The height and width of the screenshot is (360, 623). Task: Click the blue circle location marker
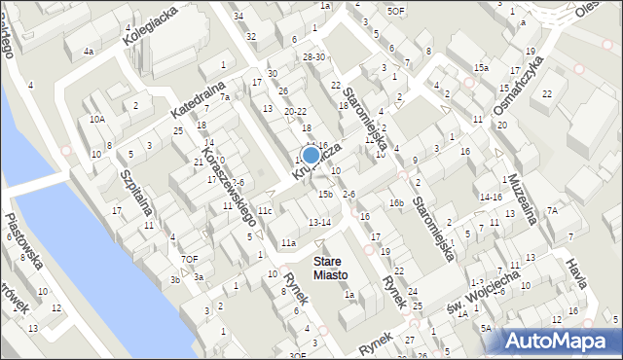(x=311, y=155)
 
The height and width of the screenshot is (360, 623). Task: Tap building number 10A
(x=96, y=119)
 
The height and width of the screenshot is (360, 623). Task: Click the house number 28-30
(x=313, y=57)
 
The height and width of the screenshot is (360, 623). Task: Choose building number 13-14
(x=319, y=223)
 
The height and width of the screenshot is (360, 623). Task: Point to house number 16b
(x=395, y=202)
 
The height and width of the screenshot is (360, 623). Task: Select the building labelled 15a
(x=481, y=67)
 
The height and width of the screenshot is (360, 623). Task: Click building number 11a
(x=288, y=242)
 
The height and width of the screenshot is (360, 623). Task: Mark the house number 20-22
(x=295, y=112)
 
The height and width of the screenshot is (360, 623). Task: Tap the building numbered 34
(x=238, y=16)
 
